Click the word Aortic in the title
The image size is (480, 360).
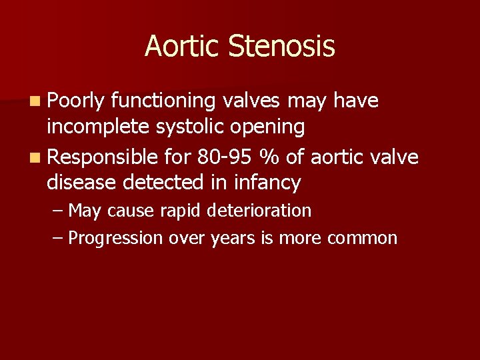pos(183,47)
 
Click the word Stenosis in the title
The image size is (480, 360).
pos(281,47)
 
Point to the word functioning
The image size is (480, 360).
pos(163,101)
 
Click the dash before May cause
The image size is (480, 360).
pos(58,211)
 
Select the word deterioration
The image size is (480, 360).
pos(259,211)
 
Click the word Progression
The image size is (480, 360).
pos(115,239)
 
